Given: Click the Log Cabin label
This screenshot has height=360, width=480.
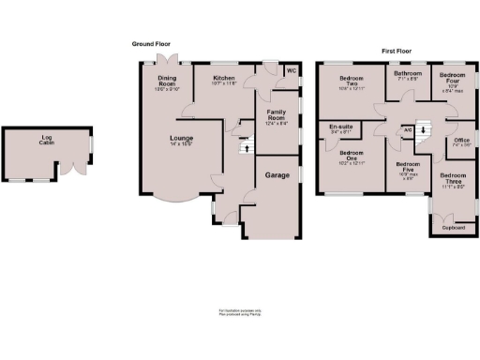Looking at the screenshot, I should click(46, 142).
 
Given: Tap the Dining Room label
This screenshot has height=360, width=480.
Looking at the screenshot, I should click(166, 82).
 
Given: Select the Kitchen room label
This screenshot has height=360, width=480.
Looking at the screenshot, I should click(223, 78).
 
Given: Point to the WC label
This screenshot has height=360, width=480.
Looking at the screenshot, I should click(291, 70).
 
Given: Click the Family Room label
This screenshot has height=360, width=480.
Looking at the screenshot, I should click(276, 115).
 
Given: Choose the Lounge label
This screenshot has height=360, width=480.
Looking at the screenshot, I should click(155, 139).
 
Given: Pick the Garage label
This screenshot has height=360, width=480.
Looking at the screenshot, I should click(277, 175).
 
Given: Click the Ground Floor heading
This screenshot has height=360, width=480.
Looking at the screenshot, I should click(150, 44).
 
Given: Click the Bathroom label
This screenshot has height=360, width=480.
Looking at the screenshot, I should click(408, 75).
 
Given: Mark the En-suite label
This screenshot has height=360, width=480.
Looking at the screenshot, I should click(340, 128).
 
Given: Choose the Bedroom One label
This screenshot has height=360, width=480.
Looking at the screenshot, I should click(351, 157).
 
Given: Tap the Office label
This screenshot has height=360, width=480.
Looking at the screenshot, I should click(461, 142).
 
